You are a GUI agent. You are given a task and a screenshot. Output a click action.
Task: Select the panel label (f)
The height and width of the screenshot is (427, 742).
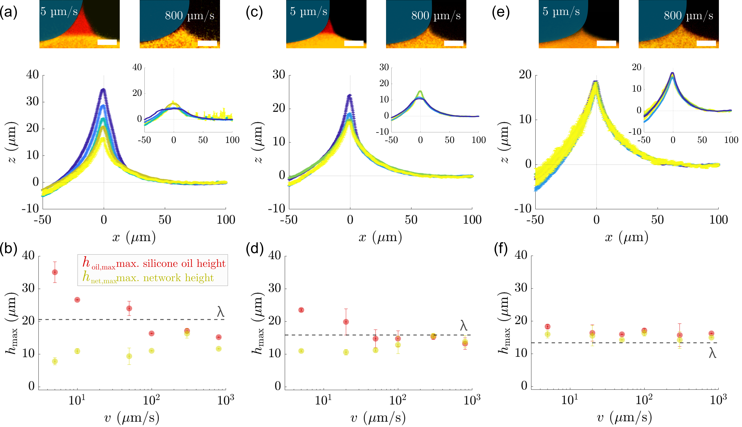pyautogui.click(x=501, y=249)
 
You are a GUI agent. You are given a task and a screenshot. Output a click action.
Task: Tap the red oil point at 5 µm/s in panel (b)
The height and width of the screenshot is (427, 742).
pyautogui.click(x=55, y=272)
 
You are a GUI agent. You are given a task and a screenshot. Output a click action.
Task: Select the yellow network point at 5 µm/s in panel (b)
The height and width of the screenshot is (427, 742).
pyautogui.click(x=55, y=361)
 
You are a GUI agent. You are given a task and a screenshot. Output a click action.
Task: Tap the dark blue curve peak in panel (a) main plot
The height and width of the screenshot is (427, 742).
pyautogui.click(x=103, y=90)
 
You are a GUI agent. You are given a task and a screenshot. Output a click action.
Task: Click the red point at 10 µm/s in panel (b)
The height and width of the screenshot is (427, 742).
pyautogui.click(x=77, y=300)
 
